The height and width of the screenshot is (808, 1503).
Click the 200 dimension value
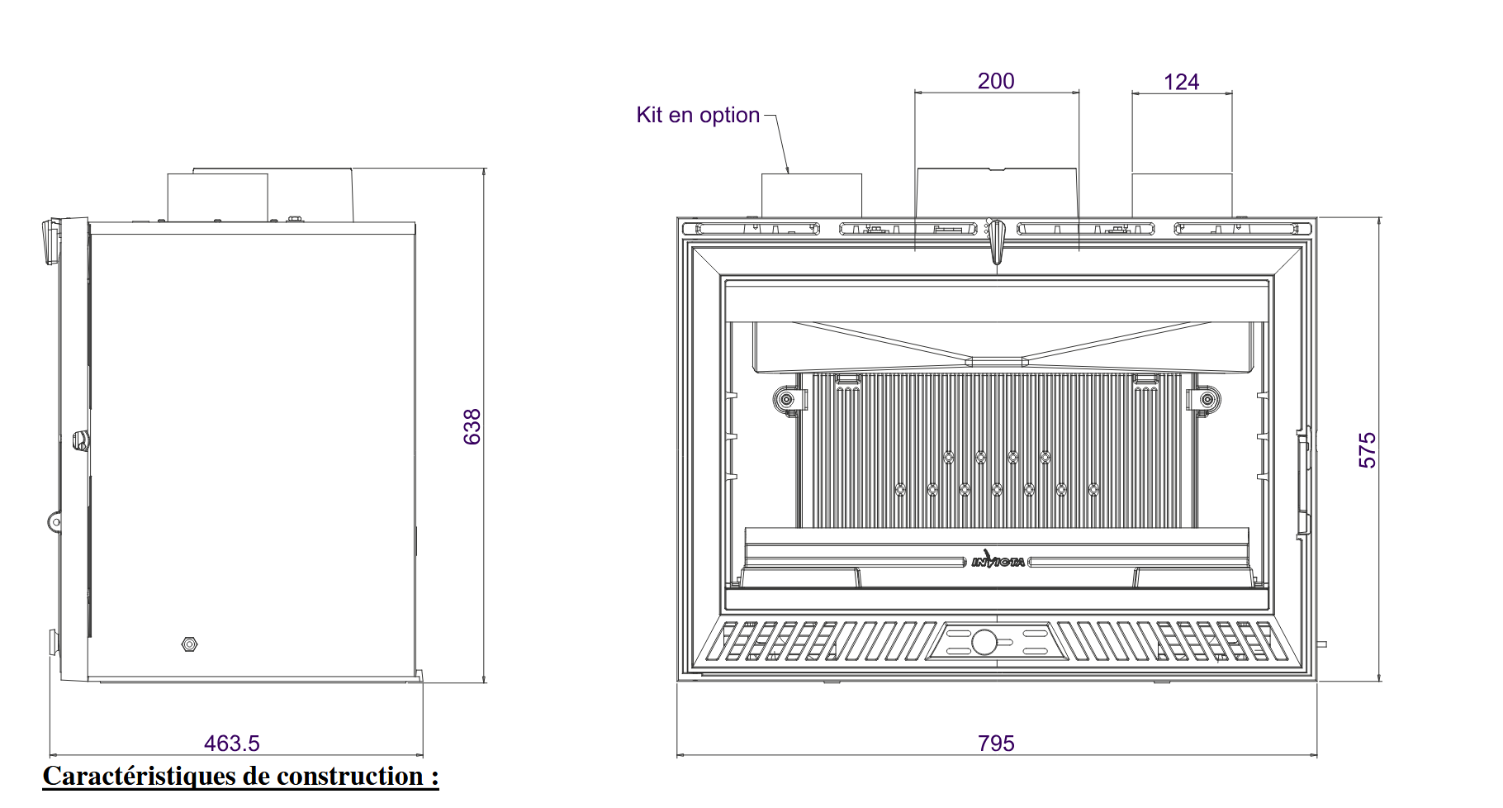pyautogui.click(x=996, y=81)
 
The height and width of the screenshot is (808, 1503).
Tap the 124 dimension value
pyautogui.click(x=1181, y=82)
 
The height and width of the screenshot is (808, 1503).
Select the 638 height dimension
pyautogui.click(x=472, y=426)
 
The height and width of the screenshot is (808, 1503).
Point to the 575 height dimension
pyautogui.click(x=1368, y=450)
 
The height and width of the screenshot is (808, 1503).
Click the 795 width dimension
pyautogui.click(x=996, y=744)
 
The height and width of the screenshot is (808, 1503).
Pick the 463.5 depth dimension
pyautogui.click(x=232, y=744)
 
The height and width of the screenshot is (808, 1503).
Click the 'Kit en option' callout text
pyautogui.click(x=698, y=115)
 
